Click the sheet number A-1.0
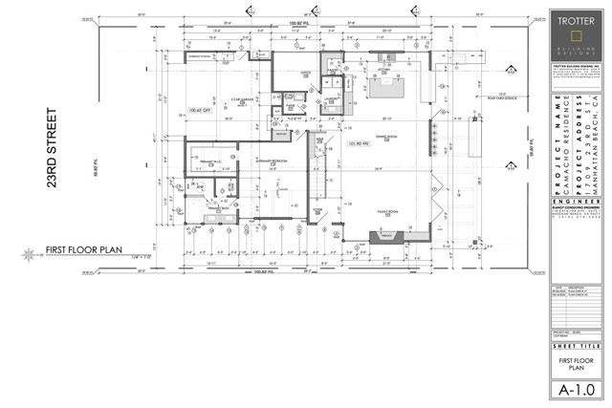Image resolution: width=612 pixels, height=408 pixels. (x=577, y=389)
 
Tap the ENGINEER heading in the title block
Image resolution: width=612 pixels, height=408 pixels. (x=577, y=229)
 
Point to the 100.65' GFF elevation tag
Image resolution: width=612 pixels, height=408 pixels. (x=200, y=112)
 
